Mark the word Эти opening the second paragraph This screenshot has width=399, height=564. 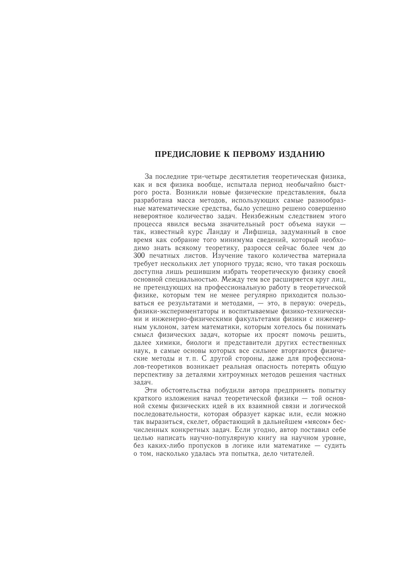151,390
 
